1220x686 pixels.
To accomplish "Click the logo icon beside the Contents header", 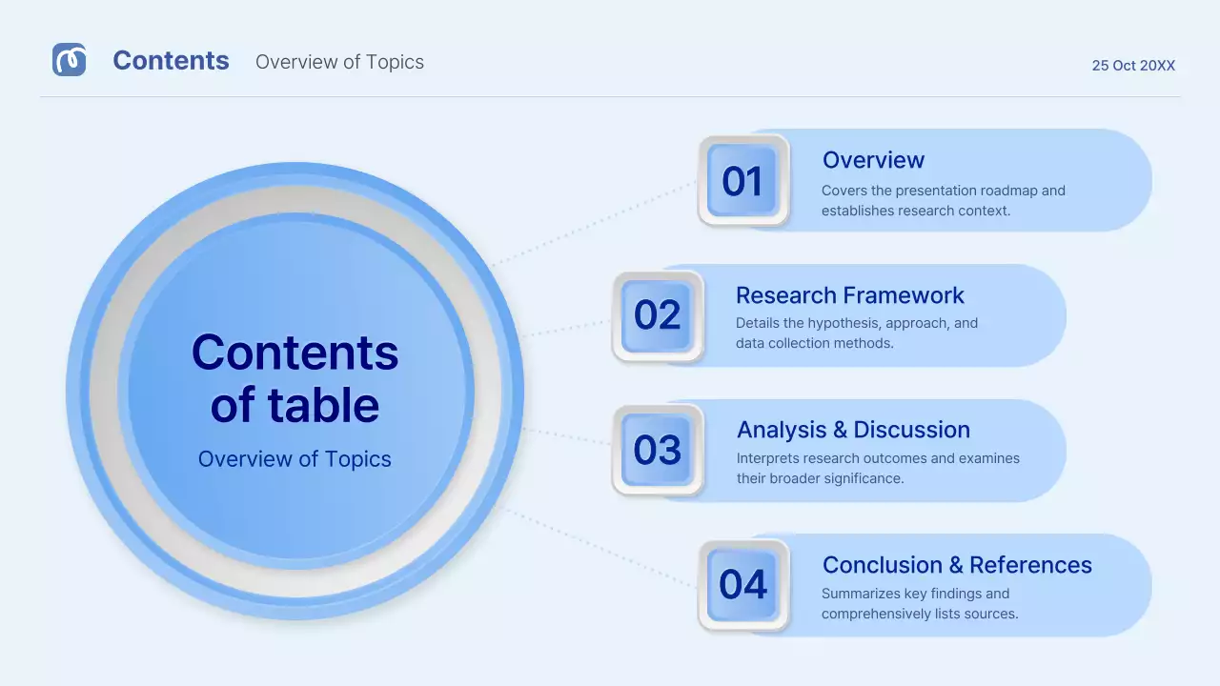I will (69, 60).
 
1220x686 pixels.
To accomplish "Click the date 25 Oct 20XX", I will (1133, 66).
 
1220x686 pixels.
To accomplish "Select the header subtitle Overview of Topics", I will (339, 62).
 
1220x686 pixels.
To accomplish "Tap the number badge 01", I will (742, 181).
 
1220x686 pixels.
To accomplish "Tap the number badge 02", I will (657, 315).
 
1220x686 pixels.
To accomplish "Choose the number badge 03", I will (657, 450).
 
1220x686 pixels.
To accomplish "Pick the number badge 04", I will (742, 584).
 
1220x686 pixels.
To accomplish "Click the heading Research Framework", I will (850, 295).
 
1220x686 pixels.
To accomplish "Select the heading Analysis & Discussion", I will (853, 430).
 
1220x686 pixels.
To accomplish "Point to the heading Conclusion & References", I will (957, 565).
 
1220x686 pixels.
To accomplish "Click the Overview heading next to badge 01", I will (873, 160).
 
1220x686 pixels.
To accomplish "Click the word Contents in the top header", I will (171, 61).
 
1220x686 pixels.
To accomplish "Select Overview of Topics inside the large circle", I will (295, 459).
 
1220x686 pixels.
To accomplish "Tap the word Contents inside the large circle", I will (295, 353).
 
